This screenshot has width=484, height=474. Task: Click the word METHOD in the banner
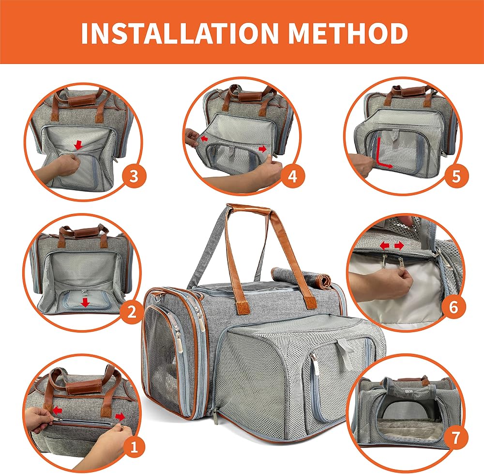pos(348,33)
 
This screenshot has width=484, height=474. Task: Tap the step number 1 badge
pos(134,446)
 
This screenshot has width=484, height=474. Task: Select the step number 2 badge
pos(132,312)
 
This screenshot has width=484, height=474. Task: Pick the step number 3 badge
pos(134,177)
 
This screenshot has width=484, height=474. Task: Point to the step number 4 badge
pos(292,177)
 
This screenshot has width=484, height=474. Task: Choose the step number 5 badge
pos(456,177)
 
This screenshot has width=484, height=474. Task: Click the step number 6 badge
pos(453,307)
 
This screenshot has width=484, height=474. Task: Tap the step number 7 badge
pos(455,438)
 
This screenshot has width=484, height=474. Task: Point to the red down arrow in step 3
pos(79,145)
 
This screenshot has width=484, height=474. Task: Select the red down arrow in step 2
pos(86,303)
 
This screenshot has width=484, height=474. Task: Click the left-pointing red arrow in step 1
pos(57,411)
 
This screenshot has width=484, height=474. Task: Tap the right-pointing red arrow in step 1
pos(120,417)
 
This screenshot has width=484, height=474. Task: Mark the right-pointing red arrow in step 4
pos(262,150)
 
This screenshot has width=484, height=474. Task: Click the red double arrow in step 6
pos(392,246)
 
